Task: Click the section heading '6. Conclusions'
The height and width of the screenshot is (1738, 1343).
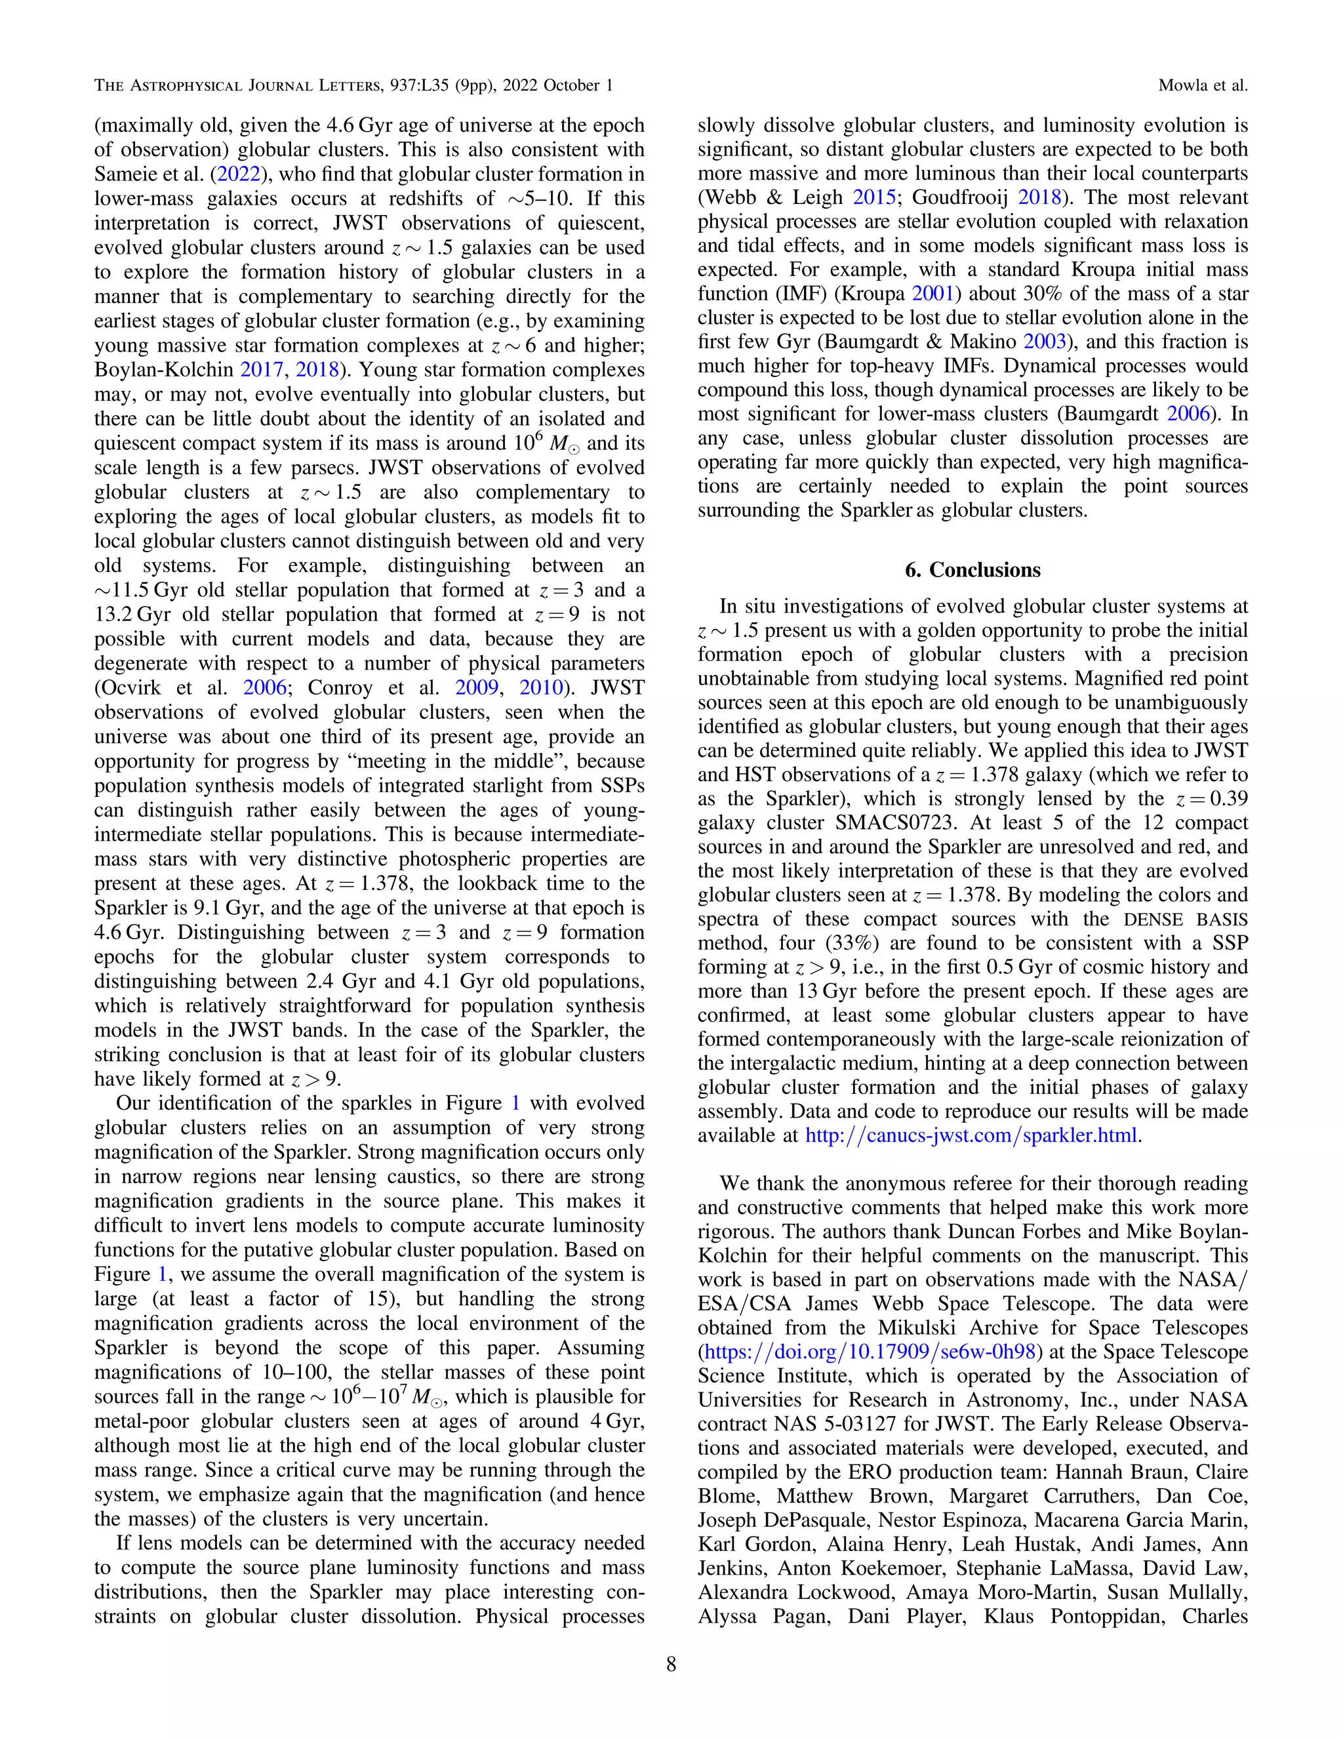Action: click(x=972, y=570)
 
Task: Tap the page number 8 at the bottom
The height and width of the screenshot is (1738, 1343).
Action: click(x=671, y=1664)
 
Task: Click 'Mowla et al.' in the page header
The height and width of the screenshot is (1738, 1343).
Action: click(x=1202, y=85)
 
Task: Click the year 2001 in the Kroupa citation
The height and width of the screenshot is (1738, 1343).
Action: click(x=932, y=294)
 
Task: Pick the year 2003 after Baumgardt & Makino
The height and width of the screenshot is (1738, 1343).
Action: click(x=1045, y=342)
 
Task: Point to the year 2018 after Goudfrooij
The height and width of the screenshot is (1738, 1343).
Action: click(x=1040, y=197)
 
